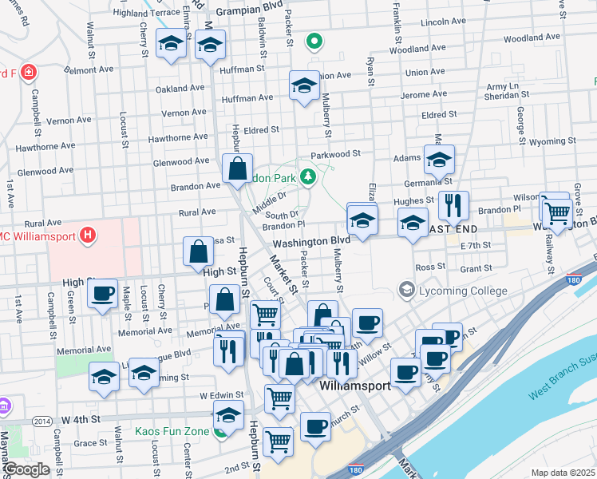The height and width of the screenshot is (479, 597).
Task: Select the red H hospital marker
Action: pyautogui.click(x=89, y=236)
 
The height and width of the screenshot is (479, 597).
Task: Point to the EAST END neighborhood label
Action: pyautogui.click(x=453, y=229)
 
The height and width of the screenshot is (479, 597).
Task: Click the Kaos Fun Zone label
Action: pyautogui.click(x=172, y=432)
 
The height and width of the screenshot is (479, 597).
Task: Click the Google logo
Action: pyautogui.click(x=26, y=469)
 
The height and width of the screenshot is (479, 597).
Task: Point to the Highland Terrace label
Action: pyautogui.click(x=147, y=13)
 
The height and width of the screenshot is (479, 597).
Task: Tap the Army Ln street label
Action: pyautogui.click(x=503, y=85)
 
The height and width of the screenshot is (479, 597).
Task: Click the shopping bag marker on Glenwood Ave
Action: pyautogui.click(x=238, y=168)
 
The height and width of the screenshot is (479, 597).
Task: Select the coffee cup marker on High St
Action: pyautogui.click(x=102, y=293)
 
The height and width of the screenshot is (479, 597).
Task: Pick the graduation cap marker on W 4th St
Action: pyautogui.click(x=228, y=415)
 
